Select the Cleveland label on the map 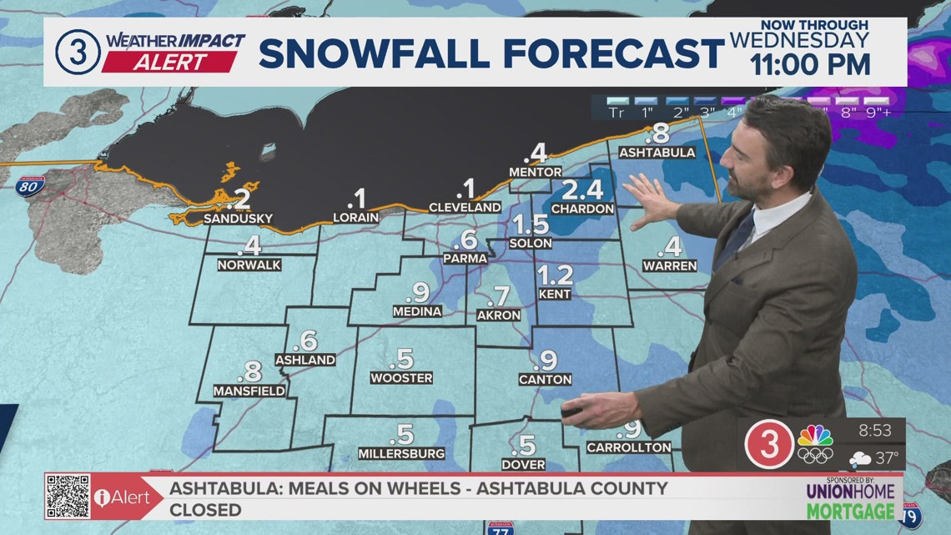pyautogui.click(x=465, y=207)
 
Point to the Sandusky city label pyautogui.click(x=239, y=219)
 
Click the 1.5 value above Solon pyautogui.click(x=531, y=225)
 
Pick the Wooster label pyautogui.click(x=401, y=378)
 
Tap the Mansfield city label pyautogui.click(x=249, y=391)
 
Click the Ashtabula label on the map pyautogui.click(x=657, y=153)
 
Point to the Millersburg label pyautogui.click(x=401, y=453)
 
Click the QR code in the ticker pyautogui.click(x=68, y=497)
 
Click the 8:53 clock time pyautogui.click(x=875, y=432)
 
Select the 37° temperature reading pyautogui.click(x=886, y=457)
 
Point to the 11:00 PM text pyautogui.click(x=812, y=64)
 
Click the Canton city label pyautogui.click(x=545, y=380)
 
